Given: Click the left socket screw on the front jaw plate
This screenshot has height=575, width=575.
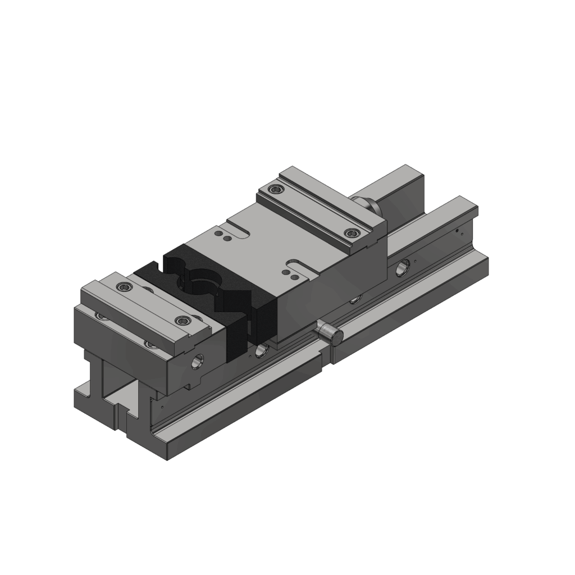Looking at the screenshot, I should click(x=124, y=287).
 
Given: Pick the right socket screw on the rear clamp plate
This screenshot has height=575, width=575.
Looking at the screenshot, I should click(x=352, y=232).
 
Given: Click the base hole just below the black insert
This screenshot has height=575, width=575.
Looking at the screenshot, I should click(x=261, y=351).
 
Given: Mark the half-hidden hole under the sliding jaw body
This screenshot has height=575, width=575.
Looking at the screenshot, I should click(x=354, y=299).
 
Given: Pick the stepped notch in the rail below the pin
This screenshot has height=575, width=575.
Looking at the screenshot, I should click(x=324, y=362).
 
